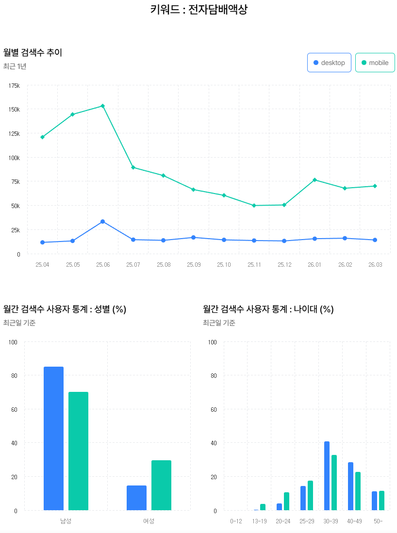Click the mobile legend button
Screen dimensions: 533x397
pyautogui.click(x=375, y=63)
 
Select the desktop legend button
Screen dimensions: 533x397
pyautogui.click(x=329, y=63)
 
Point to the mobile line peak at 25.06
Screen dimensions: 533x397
pyautogui.click(x=103, y=106)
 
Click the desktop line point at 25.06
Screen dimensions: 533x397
pyautogui.click(x=103, y=222)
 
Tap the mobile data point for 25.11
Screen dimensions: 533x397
pyautogui.click(x=254, y=206)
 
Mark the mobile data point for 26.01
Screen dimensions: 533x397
pyautogui.click(x=314, y=180)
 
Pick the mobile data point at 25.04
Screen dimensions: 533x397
pyautogui.click(x=42, y=137)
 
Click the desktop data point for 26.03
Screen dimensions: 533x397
pyautogui.click(x=375, y=240)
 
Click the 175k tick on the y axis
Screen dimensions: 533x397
pyautogui.click(x=15, y=86)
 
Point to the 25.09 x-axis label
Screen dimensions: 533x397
pyautogui.click(x=194, y=265)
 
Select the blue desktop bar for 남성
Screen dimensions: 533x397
pyautogui.click(x=53, y=438)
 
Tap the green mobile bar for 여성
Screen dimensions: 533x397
pyautogui.click(x=161, y=485)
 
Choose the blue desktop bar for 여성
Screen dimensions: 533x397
pyautogui.click(x=136, y=498)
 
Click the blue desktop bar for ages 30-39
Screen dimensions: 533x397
pyautogui.click(x=327, y=476)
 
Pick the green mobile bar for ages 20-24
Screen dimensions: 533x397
pyautogui.click(x=286, y=501)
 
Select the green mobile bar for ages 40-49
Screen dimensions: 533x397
pyautogui.click(x=358, y=491)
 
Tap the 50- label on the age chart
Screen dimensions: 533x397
pyautogui.click(x=378, y=521)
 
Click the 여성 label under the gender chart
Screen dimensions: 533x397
pyautogui.click(x=149, y=521)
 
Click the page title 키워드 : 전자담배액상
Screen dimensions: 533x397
pyautogui.click(x=199, y=10)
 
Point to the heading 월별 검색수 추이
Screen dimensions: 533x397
pyautogui.click(x=33, y=52)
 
